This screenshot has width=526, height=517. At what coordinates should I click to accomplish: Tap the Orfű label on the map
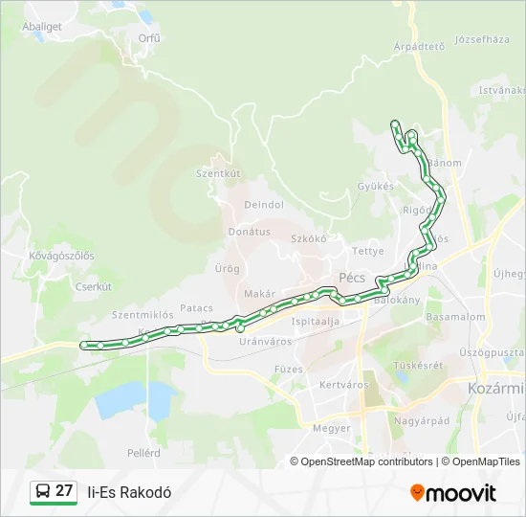coord(149,38)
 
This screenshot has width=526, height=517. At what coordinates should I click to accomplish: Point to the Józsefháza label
coord(483,39)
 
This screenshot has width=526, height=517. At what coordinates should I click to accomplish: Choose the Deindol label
coord(264,205)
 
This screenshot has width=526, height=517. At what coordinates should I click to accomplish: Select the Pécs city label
coord(352,278)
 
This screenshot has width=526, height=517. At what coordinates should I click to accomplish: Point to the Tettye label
coord(367,251)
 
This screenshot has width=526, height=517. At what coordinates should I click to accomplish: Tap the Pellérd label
coord(143,451)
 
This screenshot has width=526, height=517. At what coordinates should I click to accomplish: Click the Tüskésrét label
coord(418,365)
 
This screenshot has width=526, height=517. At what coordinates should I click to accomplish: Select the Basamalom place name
coord(456,316)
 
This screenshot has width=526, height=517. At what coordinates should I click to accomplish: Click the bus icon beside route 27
coord(42,492)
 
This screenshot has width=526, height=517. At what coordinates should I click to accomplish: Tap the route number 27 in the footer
coord(64,491)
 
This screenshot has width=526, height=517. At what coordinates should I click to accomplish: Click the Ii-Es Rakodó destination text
coord(129,492)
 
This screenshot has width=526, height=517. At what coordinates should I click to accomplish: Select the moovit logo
coord(453,493)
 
